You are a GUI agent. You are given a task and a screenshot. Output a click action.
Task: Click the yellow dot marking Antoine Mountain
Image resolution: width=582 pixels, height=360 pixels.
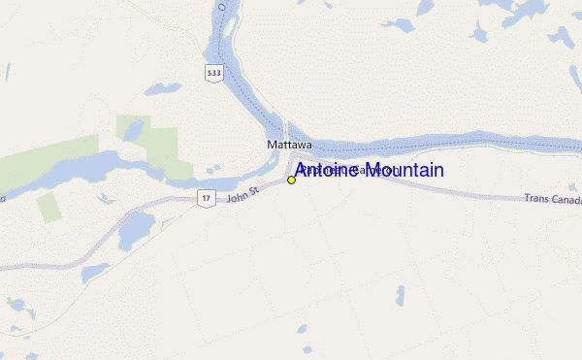point(291,180)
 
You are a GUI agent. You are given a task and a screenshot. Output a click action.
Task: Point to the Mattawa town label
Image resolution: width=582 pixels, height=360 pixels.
point(289,145)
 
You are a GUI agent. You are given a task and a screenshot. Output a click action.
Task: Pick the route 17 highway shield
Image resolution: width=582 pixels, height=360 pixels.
point(205,198)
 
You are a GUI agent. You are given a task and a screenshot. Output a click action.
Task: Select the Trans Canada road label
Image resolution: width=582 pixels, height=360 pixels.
point(551,198)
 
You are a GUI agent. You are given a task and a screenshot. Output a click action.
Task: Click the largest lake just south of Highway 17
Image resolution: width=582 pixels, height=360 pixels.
point(135,231)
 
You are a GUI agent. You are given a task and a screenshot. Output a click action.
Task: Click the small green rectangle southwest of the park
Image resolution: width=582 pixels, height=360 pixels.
point(48,207)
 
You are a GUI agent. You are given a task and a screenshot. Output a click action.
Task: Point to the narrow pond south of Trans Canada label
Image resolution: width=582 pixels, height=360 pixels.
point(400,296)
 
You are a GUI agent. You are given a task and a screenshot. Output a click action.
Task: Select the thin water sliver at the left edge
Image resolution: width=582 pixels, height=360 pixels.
point(7,73)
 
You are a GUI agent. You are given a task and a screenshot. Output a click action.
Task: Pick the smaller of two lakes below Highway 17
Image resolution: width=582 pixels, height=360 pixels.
point(95,273)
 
